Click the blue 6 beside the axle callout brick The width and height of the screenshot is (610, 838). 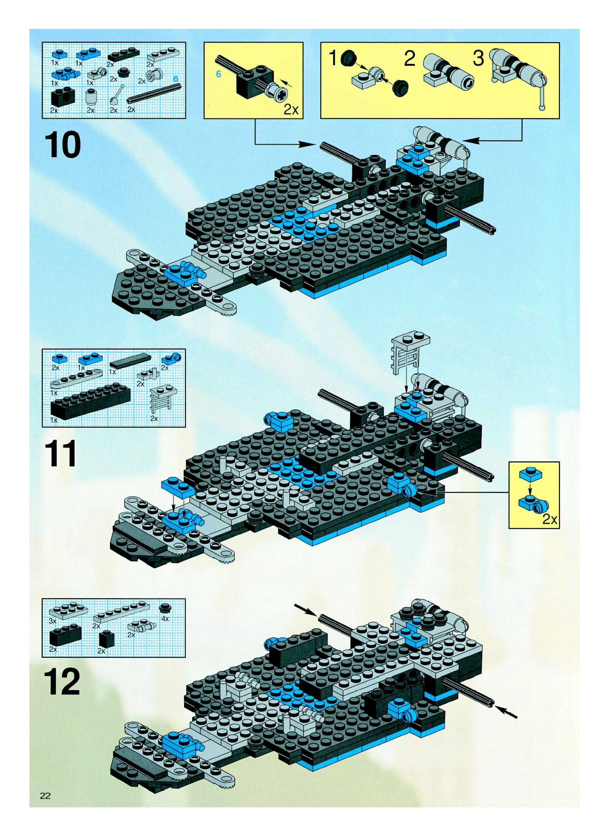[218, 75]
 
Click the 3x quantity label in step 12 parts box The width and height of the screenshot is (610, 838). [53, 621]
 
